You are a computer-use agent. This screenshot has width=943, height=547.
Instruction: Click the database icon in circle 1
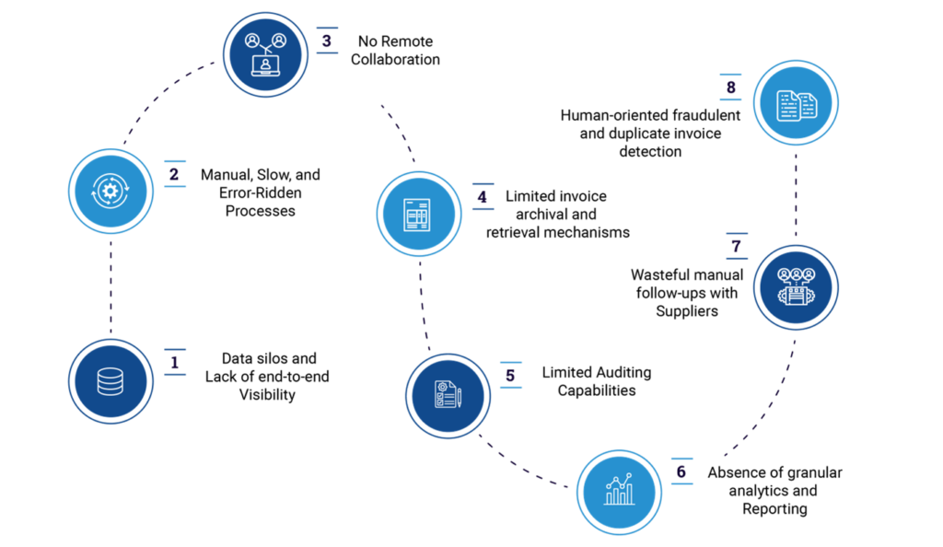(x=111, y=381)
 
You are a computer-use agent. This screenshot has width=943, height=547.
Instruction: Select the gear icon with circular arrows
(x=111, y=191)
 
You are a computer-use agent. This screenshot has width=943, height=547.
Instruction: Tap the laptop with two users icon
(x=265, y=54)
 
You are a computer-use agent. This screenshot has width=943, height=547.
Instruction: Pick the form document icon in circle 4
(x=418, y=215)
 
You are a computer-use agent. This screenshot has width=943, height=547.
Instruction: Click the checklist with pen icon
(x=448, y=395)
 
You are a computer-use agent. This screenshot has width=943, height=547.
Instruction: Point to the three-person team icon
(x=796, y=286)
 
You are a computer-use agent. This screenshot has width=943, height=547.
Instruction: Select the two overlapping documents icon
(x=796, y=103)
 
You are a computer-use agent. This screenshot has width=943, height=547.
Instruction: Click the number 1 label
(x=174, y=363)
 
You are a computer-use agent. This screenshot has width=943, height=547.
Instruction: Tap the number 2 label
(x=174, y=174)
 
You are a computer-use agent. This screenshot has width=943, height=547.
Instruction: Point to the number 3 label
(x=326, y=41)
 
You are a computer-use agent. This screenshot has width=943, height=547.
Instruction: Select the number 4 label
(x=483, y=196)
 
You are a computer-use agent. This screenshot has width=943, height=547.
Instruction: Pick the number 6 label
(x=681, y=471)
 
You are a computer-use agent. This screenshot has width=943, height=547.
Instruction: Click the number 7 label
(x=736, y=247)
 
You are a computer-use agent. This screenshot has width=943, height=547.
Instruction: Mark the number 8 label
(x=730, y=87)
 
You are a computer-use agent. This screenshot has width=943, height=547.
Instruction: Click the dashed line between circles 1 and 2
(x=110, y=285)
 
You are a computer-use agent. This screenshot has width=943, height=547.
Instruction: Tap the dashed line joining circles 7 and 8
(x=795, y=193)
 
